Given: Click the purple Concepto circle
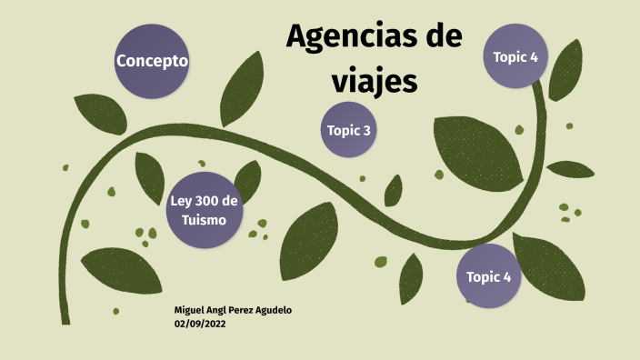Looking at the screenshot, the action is coord(152,61).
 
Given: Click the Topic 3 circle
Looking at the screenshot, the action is coord(349,131).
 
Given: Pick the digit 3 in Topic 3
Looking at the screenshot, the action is coord(366,131).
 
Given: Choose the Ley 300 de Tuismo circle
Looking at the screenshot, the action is coord(205,209).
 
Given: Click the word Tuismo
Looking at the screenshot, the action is coord(205,220).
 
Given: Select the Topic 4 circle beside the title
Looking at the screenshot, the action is coord(515,56).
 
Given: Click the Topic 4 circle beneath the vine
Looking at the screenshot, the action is coord(489,276).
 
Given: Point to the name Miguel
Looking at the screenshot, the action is coord(192,311).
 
